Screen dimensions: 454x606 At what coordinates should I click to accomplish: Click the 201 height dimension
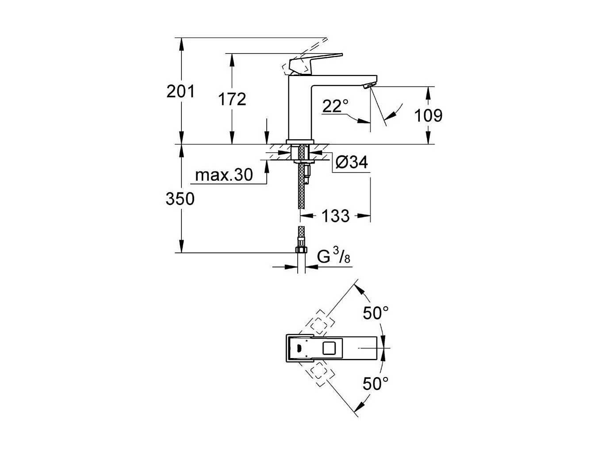coord(180,92)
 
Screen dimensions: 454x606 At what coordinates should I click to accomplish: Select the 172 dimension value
coord(232,99)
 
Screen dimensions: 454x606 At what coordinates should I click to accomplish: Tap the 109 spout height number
coord(428,115)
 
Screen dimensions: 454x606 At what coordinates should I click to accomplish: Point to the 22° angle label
coord(335,106)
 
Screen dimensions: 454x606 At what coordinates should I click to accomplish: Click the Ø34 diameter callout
coord(352,163)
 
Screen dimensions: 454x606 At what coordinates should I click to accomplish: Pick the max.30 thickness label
coord(224,175)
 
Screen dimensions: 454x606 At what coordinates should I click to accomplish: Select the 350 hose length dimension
coord(180,199)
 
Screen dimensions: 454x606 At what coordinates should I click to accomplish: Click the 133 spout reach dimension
coord(335,216)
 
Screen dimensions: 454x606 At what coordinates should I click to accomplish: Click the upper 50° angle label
coord(376,313)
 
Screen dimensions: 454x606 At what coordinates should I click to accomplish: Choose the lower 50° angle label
coord(376,383)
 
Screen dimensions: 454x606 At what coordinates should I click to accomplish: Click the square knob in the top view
coord(329,349)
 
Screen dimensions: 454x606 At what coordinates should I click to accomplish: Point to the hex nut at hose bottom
coord(301,250)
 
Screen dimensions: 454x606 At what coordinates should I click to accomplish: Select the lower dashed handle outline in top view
coord(320,374)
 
